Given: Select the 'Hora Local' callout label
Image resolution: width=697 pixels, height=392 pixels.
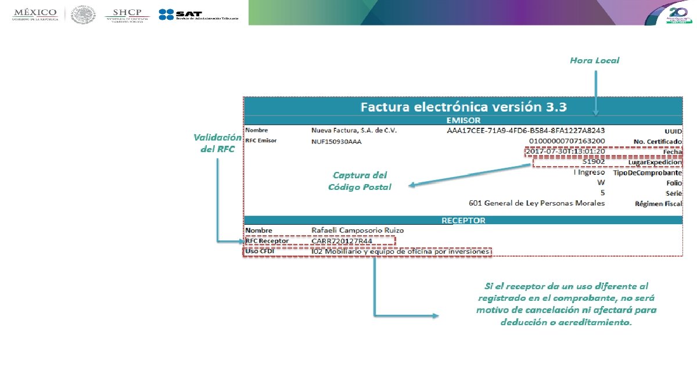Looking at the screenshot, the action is tap(594, 60).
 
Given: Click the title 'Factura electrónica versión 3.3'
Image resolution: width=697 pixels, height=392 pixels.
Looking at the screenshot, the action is tap(463, 107).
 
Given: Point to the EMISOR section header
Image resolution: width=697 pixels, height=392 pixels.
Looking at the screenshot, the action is tap(463, 120).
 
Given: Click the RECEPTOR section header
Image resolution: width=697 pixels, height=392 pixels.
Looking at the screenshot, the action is tap(463, 220).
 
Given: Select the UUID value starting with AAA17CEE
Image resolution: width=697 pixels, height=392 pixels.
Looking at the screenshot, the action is tap(526, 131).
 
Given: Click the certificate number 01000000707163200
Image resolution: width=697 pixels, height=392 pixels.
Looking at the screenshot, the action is tap(567, 141).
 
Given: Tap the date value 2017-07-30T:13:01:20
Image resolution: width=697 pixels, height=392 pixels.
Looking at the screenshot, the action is tap(565, 152).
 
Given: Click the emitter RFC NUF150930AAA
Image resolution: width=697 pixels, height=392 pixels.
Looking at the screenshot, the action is tap(336, 141).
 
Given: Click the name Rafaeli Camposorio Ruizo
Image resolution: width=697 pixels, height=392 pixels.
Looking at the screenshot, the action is tap(357, 230).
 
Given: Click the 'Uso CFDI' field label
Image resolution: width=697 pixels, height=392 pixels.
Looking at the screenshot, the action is tap(259, 251).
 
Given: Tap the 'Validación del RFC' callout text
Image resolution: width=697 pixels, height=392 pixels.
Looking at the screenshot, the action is tap(217, 143).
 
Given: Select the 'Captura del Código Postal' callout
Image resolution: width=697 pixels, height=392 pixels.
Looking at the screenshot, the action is tap(360, 181).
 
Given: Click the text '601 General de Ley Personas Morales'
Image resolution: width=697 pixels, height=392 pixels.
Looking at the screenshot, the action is tap(537, 203).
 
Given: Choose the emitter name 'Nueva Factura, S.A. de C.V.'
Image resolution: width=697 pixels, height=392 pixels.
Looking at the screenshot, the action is tap(354, 131).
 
